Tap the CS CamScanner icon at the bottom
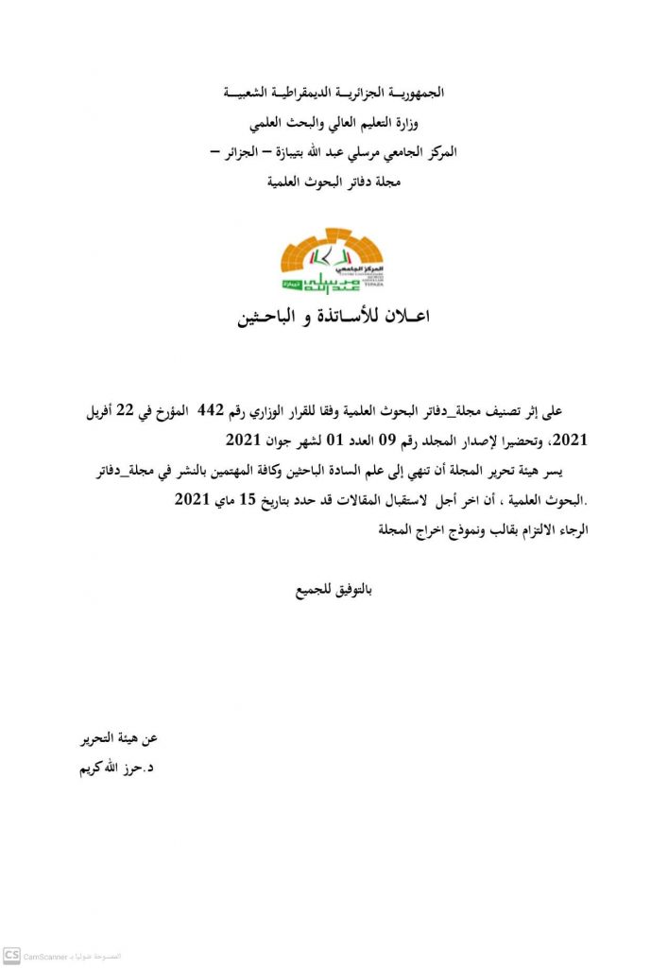pyautogui.click(x=11, y=956)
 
